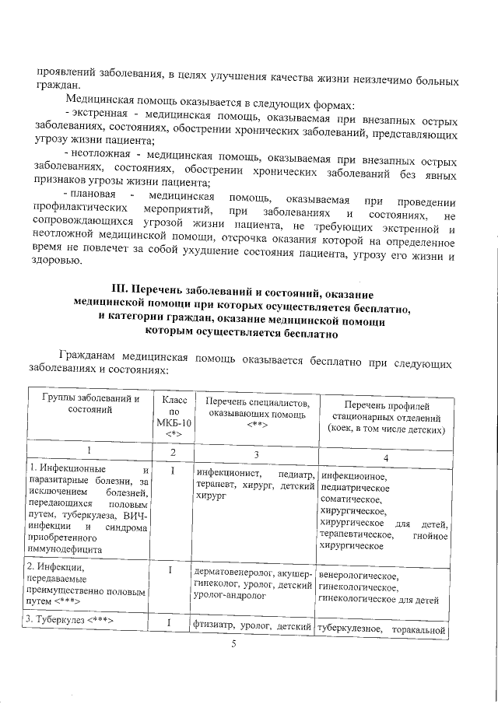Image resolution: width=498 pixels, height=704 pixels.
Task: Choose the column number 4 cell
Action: tap(384, 456)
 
